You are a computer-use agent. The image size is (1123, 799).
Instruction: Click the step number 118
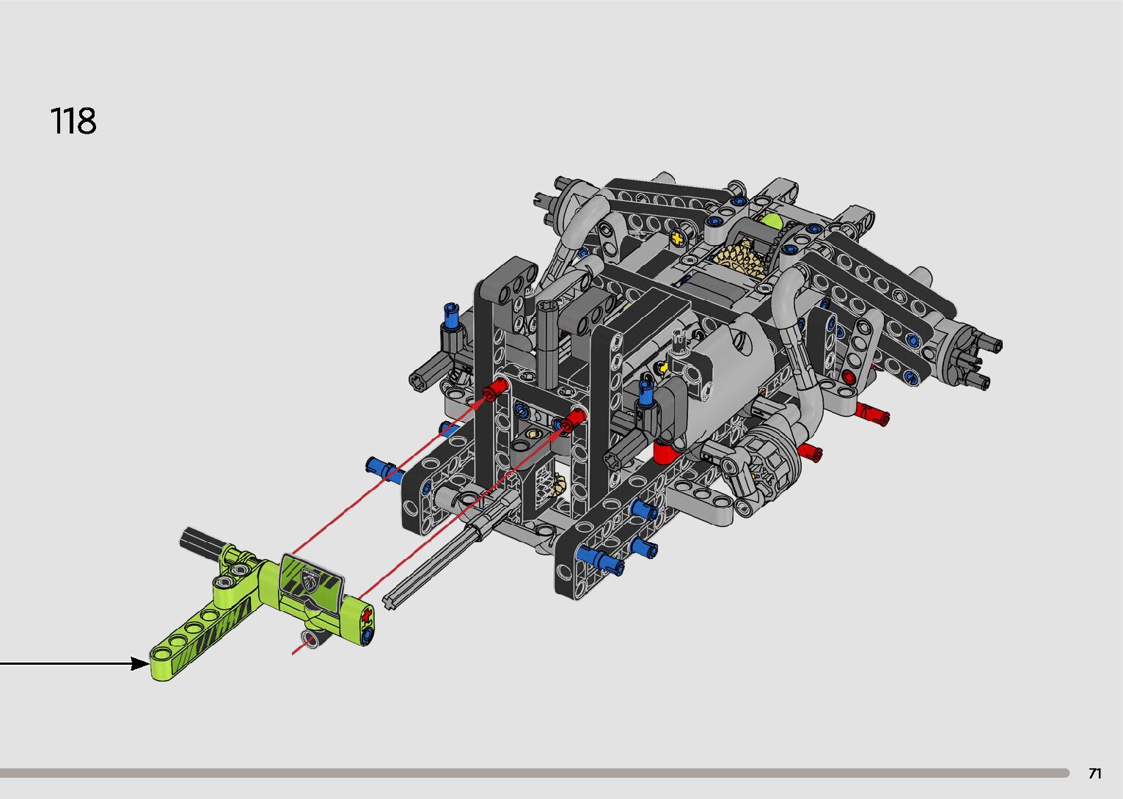[73, 121]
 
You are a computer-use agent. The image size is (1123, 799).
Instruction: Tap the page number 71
[1095, 773]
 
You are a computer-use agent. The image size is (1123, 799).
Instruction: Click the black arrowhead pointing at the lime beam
[140, 663]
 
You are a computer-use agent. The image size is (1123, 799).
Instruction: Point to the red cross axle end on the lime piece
[367, 614]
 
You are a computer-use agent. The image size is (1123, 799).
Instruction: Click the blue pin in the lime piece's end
[367, 635]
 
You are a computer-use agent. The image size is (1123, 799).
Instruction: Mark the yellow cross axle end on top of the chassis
[678, 238]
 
